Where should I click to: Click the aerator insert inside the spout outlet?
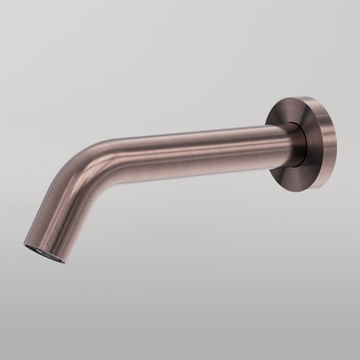pos(44,253)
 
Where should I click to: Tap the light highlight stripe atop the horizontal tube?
pos(192,137)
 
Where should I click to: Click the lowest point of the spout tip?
pos(60,262)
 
